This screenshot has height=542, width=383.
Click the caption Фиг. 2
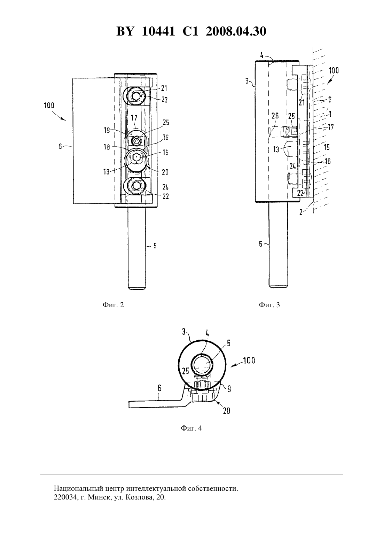pos(113,305)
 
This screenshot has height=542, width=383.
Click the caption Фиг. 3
pos(269,305)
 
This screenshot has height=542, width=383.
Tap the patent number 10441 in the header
pos(158,31)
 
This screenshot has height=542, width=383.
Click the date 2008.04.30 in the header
pos(236,31)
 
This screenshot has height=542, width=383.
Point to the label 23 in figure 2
pos(164,99)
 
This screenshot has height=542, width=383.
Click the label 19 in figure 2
pos(107,130)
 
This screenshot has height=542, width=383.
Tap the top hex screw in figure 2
pos(135,96)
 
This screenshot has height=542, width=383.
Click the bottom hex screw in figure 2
pos(135,186)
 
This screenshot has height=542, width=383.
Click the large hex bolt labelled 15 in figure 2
pos(136,157)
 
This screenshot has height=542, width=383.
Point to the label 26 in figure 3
pos(275,116)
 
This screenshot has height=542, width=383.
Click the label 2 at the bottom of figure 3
pos(301,212)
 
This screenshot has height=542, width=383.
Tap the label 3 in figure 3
pos(247,81)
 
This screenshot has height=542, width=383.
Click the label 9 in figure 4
pos(229,389)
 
